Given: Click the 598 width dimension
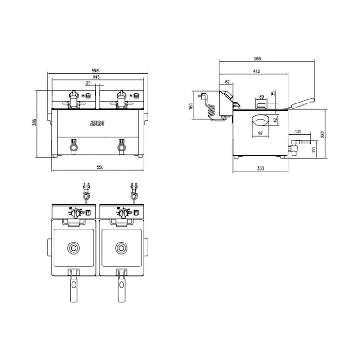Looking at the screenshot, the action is pos(95,71).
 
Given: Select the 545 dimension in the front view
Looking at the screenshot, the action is pos(96,77).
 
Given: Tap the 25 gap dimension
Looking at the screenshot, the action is pos(88,83).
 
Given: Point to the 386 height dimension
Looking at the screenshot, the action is pos(34,122).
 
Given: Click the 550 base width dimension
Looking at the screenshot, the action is pos(100,167).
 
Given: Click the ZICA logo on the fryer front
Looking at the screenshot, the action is pos(97,123).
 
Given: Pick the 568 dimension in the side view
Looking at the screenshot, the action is pos(257,59).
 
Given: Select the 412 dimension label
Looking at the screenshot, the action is pos(256,72).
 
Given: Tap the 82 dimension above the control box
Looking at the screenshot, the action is pos(228,82).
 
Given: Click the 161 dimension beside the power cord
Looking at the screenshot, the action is pos(191,106).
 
